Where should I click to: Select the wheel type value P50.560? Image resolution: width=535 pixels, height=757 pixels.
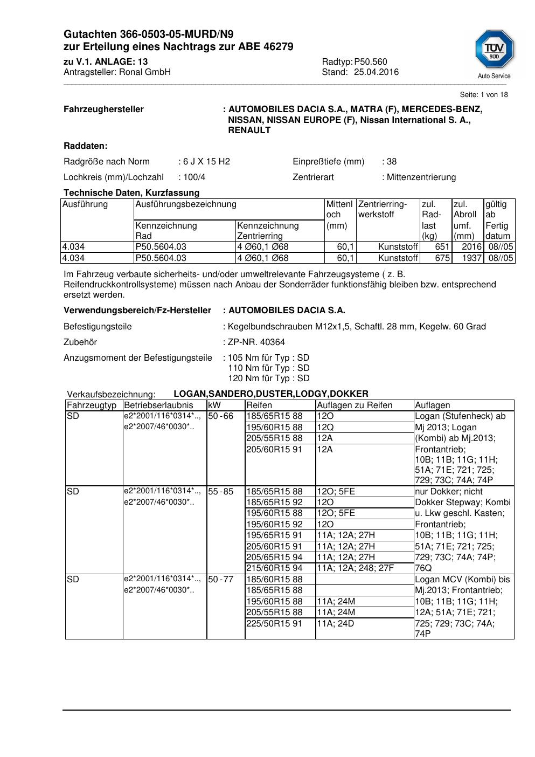tap(371, 61)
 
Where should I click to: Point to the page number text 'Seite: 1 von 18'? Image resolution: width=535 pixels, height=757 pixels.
tap(484, 95)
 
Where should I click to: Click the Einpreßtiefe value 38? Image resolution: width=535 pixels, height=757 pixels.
tap(392, 161)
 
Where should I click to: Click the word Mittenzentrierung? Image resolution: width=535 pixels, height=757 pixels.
tap(421, 177)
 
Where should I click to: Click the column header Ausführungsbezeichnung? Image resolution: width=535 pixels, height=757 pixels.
tap(186, 204)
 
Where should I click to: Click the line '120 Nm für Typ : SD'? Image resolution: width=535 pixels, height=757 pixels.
tap(269, 379)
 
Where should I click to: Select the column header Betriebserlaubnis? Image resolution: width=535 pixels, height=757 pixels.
tap(158, 405)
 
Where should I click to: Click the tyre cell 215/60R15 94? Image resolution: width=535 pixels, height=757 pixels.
tap(274, 568)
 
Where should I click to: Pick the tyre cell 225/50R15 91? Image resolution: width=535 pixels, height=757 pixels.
tap(274, 623)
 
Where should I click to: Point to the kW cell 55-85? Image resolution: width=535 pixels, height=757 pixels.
tap(221, 492)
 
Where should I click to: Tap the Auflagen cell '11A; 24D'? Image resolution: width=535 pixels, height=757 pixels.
tap(336, 623)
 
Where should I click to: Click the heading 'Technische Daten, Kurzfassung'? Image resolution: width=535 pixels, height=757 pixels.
tap(131, 192)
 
